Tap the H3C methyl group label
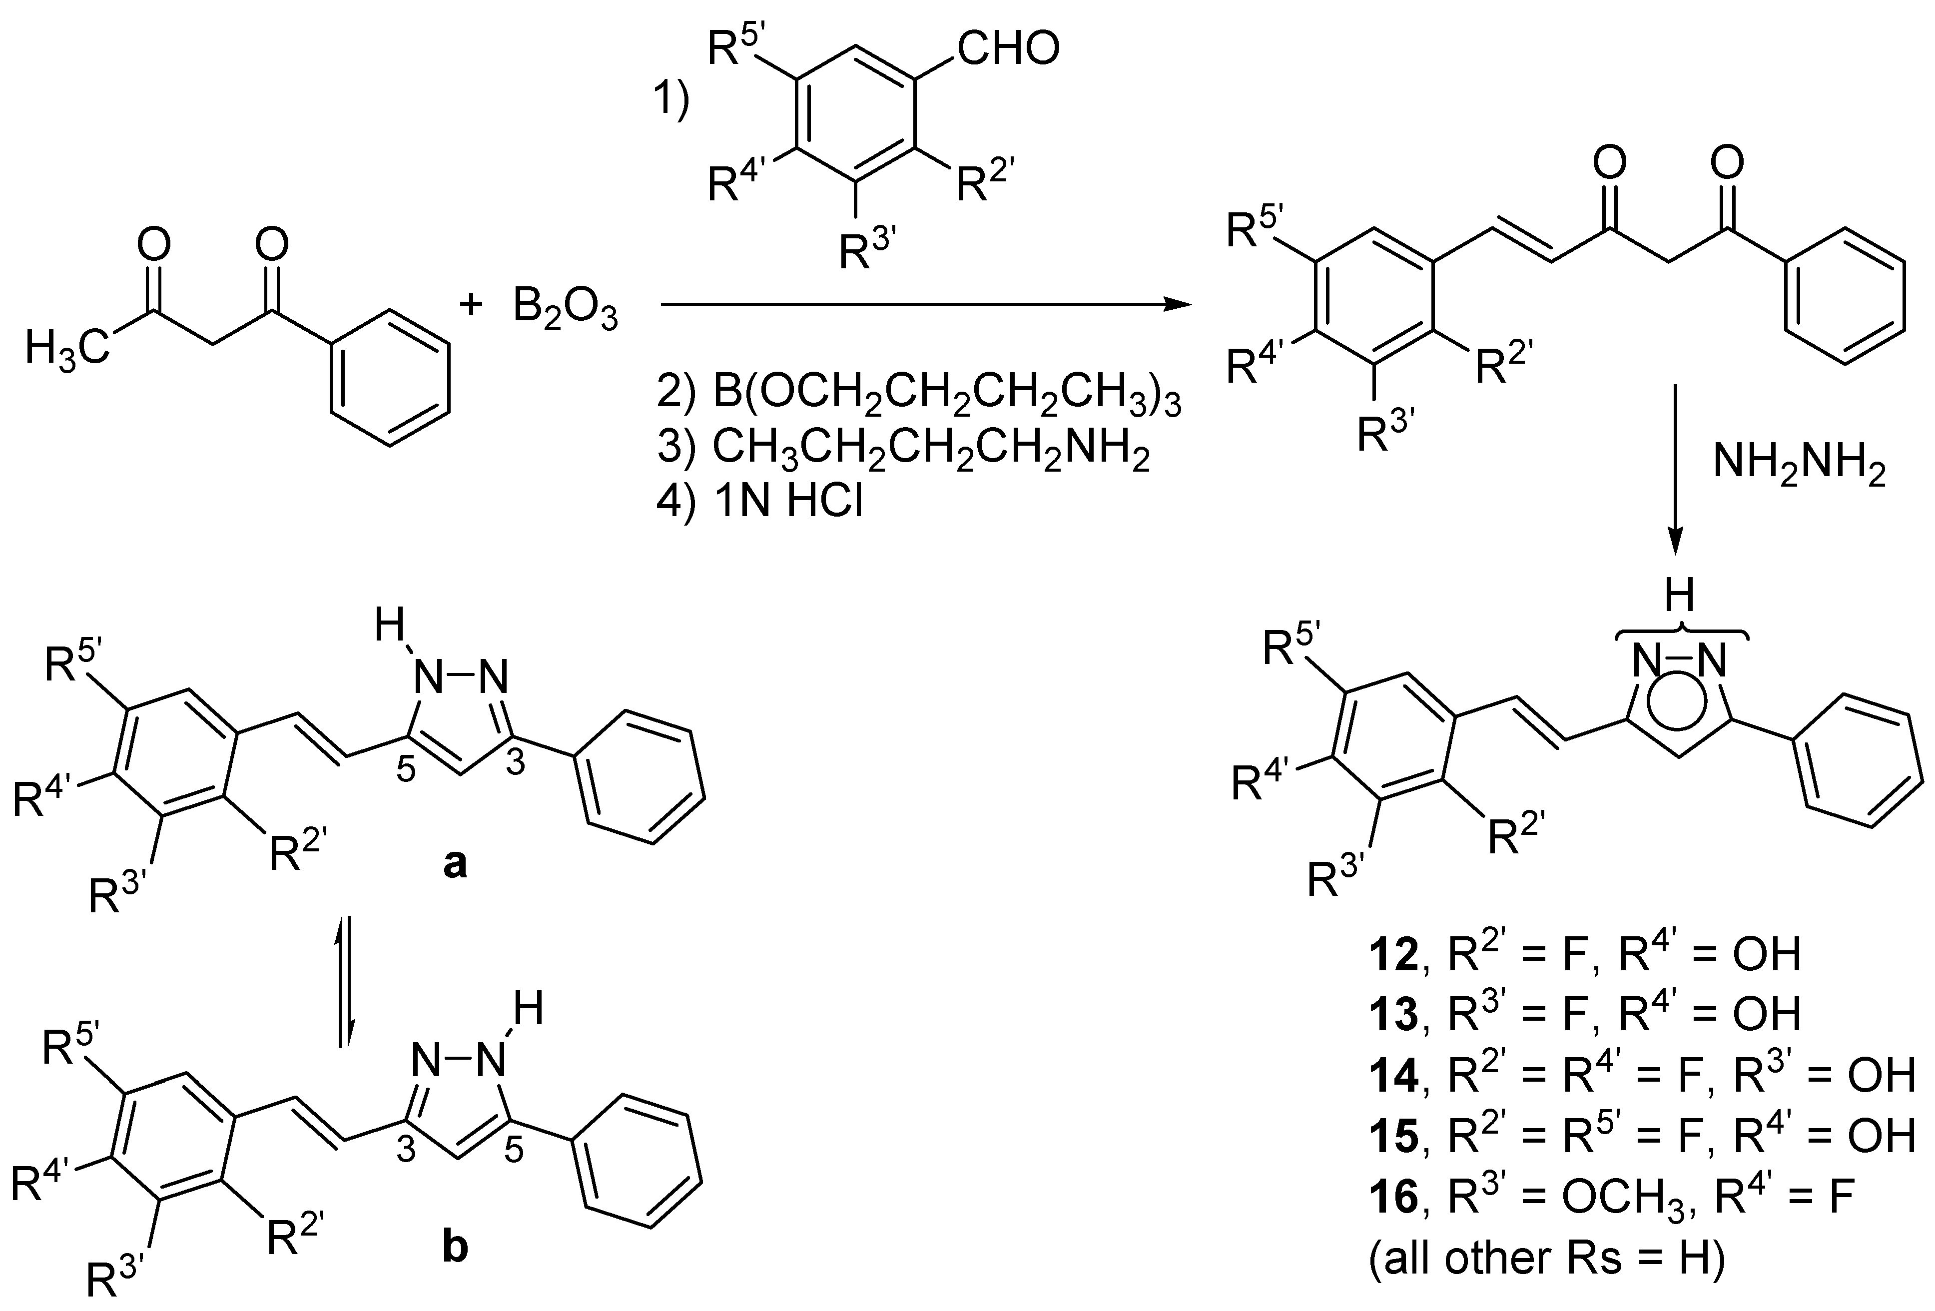click(66, 347)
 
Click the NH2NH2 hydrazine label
click(1799, 466)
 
